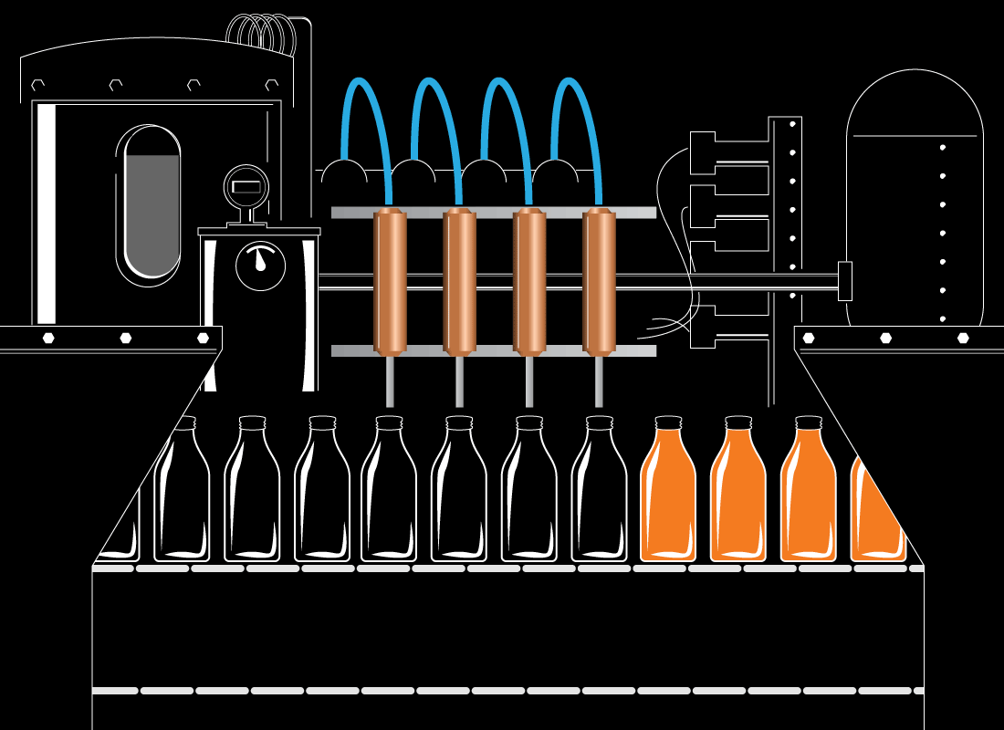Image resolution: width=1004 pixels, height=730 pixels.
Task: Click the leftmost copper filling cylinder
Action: point(390,282)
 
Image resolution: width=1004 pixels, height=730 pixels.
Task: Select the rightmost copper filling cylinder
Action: point(599,282)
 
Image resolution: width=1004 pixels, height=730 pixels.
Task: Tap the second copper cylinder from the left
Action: point(459,282)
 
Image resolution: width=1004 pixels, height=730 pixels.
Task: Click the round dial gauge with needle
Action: point(260,266)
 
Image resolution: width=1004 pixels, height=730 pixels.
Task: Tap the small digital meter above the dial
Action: point(246,187)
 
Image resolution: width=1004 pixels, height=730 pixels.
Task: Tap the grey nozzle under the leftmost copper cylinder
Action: point(390,381)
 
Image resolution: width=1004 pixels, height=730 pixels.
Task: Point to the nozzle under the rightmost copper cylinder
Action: point(599,381)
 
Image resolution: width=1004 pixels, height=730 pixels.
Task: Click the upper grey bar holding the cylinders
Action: point(493,213)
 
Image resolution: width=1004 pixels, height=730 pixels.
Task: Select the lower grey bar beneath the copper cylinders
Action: point(493,350)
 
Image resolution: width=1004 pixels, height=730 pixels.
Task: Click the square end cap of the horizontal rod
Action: point(844,281)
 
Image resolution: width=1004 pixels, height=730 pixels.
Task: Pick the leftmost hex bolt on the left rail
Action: point(48,338)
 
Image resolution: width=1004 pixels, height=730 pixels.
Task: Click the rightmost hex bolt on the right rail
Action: point(963,338)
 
